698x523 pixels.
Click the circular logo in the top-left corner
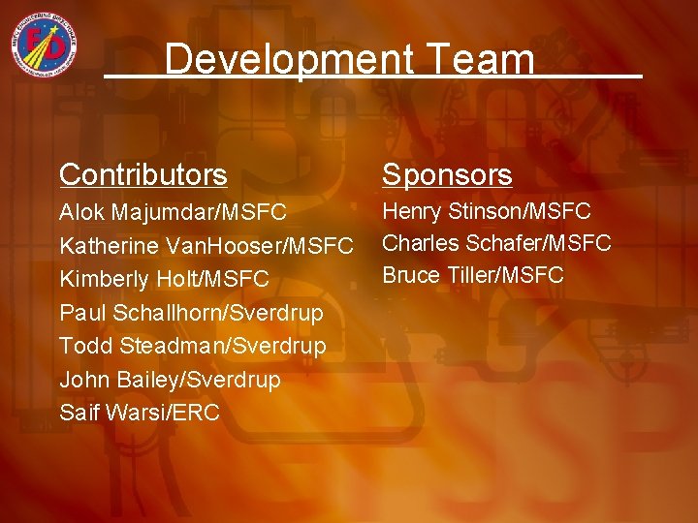tap(46, 46)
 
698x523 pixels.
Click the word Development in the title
tap(276, 60)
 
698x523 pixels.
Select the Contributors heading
tap(143, 175)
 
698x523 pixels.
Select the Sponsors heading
tap(447, 175)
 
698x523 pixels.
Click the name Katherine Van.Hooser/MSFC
tap(206, 246)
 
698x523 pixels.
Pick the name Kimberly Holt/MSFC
tap(165, 280)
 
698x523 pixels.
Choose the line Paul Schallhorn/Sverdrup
tap(191, 313)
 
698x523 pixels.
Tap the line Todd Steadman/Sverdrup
tap(193, 346)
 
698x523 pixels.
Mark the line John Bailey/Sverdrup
tap(170, 380)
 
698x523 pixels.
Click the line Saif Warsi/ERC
tap(140, 413)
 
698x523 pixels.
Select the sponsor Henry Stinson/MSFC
tap(487, 210)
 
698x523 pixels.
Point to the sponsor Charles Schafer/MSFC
tap(496, 242)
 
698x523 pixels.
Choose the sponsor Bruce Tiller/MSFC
tap(473, 275)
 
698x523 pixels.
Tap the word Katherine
tap(107, 246)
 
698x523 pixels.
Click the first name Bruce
tap(411, 275)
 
